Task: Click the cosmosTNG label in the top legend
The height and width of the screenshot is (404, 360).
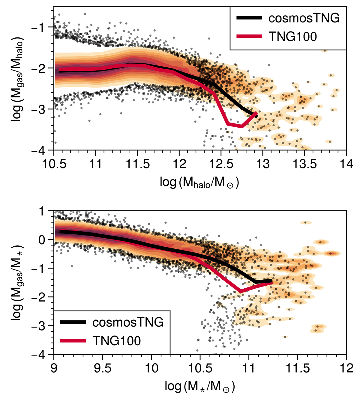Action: point(304,18)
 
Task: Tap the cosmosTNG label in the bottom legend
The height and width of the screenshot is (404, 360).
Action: point(128,322)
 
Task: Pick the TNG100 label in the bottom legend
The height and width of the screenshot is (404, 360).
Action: point(117,340)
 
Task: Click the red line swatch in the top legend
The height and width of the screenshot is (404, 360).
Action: point(249,37)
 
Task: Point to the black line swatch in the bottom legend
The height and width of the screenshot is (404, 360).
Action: point(73,322)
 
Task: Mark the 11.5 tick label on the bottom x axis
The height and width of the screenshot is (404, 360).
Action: point(297,368)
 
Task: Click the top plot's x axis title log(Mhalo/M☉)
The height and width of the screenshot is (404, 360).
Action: point(199,182)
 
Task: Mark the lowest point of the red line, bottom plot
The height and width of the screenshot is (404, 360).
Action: point(240,291)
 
